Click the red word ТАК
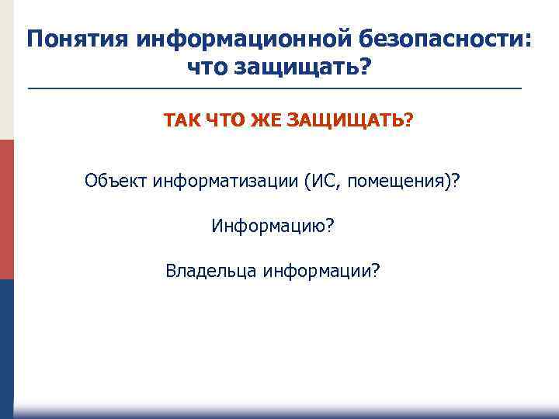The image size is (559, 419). click(x=181, y=121)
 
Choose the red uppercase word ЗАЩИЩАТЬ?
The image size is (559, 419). click(x=350, y=121)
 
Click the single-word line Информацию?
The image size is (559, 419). click(x=273, y=226)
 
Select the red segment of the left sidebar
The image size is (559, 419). click(x=6, y=209)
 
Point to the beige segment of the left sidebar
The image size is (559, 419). click(x=6, y=70)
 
